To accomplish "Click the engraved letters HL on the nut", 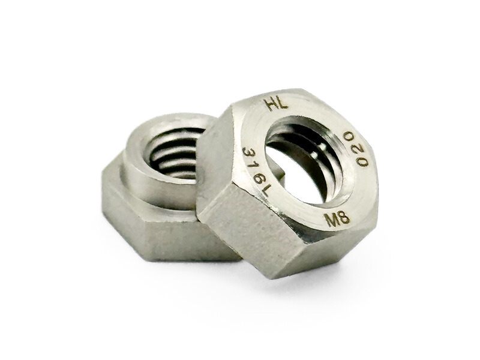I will click(277, 104).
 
